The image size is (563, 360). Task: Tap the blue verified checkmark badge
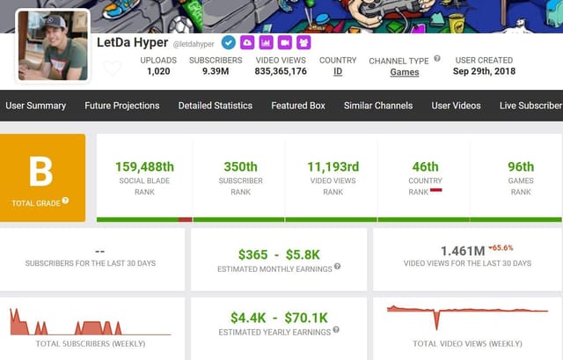pos(229,42)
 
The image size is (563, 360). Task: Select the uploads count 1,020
pos(158,72)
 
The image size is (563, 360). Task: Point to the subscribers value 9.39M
pos(216,72)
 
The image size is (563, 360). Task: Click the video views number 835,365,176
pos(281,72)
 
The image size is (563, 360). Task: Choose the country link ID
pos(338,72)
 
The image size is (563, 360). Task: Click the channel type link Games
pos(405,73)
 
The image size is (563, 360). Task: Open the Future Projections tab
pos(122,106)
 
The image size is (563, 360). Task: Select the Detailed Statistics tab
pos(216,106)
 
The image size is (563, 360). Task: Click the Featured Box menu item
pos(298,106)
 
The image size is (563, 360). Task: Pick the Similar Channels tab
pos(378,106)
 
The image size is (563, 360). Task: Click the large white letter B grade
pos(41,171)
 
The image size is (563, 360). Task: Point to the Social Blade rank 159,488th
pos(144,167)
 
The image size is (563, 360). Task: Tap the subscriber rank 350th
pos(240,167)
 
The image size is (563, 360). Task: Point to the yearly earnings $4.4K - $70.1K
pos(279,317)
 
